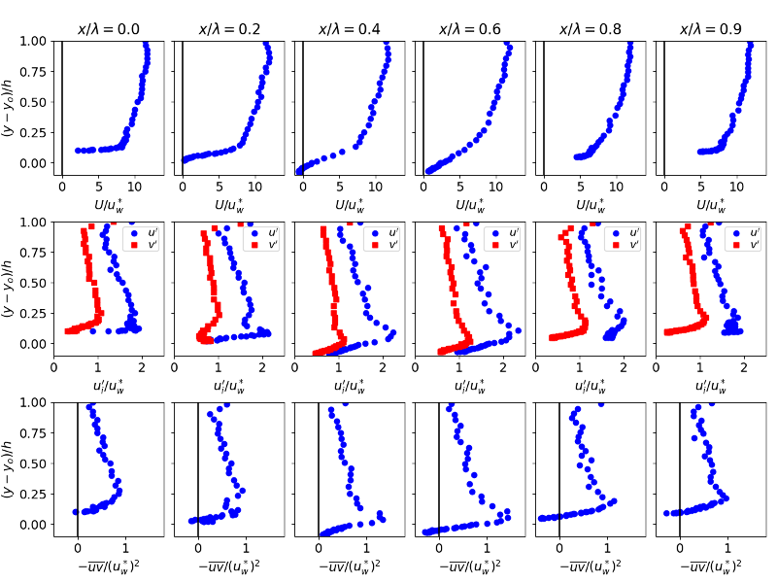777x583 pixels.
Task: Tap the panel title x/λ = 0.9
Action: (x=712, y=29)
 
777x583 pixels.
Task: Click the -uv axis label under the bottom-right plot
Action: (x=712, y=566)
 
